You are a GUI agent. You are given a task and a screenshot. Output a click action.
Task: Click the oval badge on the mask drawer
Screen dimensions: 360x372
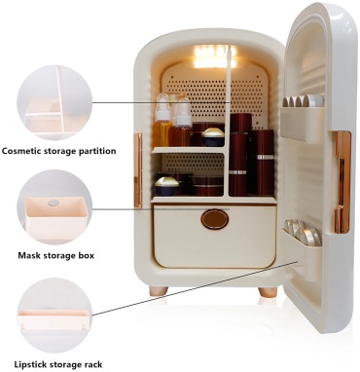click(x=215, y=219)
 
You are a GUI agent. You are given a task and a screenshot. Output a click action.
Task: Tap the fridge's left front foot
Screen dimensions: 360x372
click(x=159, y=291)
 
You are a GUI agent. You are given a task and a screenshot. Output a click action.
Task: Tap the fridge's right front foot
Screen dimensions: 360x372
click(x=268, y=291)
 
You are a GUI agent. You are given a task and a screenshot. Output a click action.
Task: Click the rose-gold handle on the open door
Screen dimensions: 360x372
click(x=342, y=182)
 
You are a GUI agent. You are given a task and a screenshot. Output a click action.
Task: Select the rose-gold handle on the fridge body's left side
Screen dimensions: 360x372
click(x=138, y=170)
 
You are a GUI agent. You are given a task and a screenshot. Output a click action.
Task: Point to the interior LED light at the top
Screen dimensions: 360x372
click(x=211, y=56)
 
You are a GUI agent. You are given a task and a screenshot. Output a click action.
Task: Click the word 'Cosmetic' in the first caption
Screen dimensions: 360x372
click(x=21, y=151)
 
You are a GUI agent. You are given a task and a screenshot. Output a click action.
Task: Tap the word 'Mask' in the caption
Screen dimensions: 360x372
click(x=26, y=255)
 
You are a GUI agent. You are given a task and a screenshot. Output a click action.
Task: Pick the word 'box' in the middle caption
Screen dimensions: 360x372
click(x=86, y=255)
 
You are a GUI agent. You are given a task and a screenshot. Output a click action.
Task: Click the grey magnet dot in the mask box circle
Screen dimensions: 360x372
click(x=54, y=203)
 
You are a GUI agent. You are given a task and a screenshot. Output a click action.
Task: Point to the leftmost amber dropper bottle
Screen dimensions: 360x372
click(x=162, y=121)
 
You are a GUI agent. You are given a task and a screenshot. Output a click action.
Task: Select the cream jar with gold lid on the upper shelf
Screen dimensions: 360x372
click(x=213, y=137)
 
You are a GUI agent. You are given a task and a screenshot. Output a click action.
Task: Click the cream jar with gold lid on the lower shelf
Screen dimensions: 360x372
click(x=166, y=186)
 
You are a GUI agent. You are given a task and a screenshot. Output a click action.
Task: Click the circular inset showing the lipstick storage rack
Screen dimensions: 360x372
click(x=54, y=315)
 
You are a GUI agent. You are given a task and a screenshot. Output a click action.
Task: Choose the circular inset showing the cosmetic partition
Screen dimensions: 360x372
click(x=54, y=102)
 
